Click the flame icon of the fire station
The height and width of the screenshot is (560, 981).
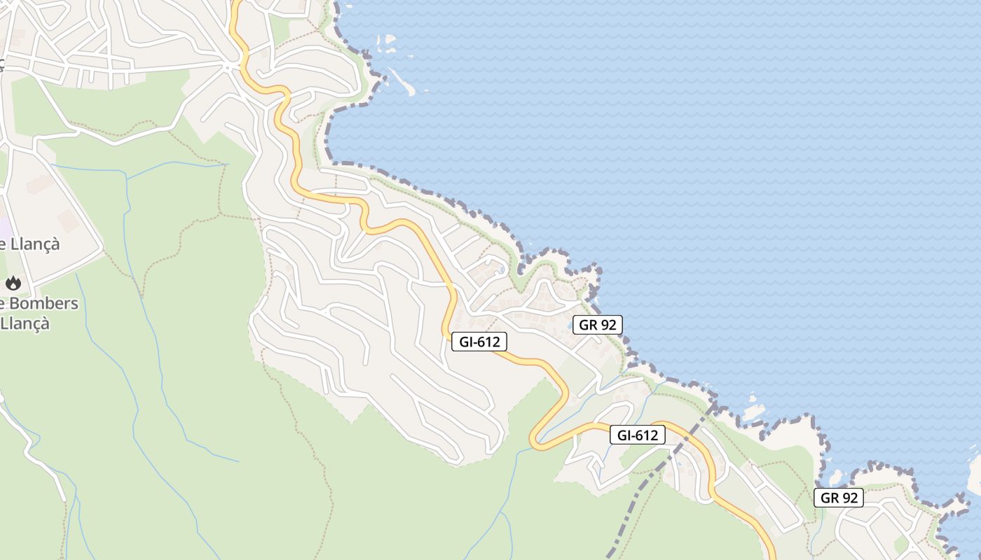click(x=13, y=283)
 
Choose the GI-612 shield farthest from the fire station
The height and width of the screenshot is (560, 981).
click(x=637, y=435)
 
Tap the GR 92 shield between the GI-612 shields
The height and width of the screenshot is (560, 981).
click(x=597, y=325)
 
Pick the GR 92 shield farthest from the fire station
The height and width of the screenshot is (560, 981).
click(x=838, y=498)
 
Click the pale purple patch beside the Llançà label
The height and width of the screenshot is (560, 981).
click(x=4, y=227)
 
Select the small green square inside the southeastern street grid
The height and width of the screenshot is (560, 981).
click(x=901, y=543)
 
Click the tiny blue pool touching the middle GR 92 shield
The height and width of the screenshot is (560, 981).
click(x=569, y=326)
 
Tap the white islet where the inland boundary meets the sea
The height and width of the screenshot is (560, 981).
click(x=753, y=413)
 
